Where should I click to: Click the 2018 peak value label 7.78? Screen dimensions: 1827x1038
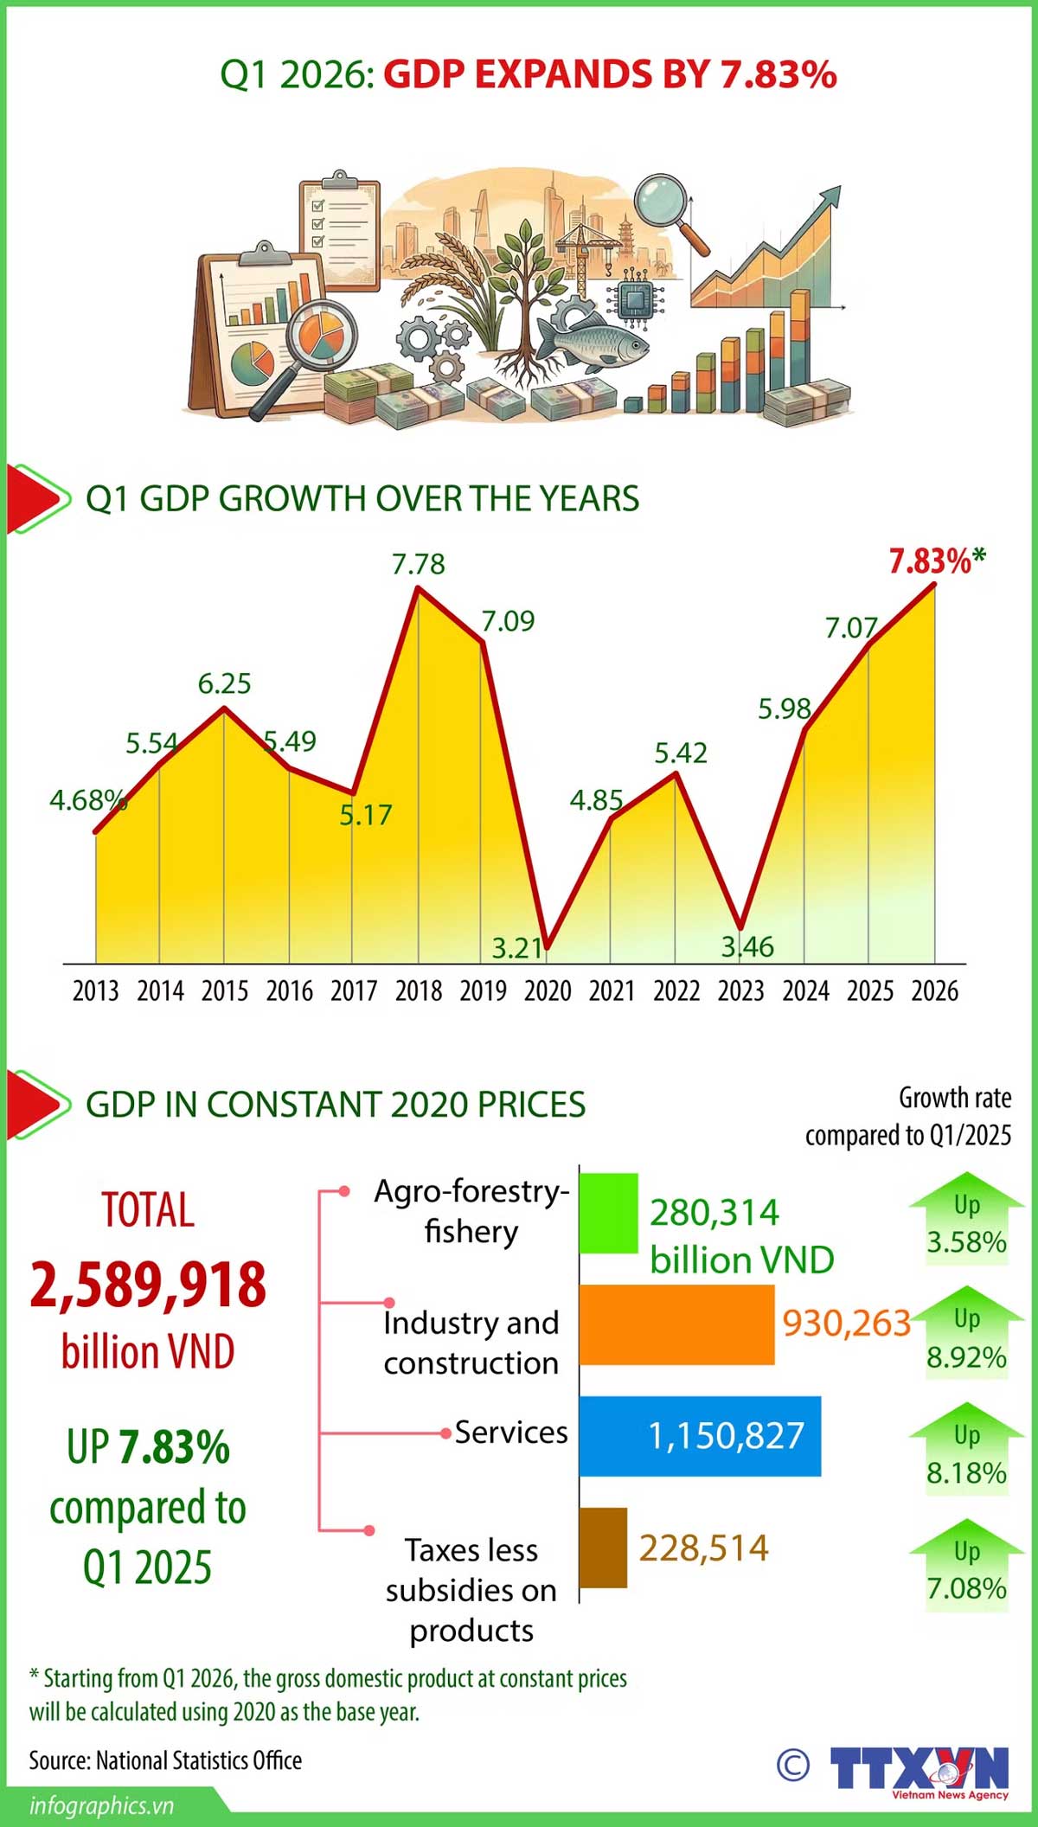pos(419,564)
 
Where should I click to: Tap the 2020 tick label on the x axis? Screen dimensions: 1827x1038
pos(548,990)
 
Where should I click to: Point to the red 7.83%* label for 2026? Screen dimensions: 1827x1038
pos(937,561)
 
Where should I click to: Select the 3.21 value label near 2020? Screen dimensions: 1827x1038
pos(517,948)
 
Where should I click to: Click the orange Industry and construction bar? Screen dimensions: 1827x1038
pos(676,1324)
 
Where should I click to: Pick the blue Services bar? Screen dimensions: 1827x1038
pos(700,1436)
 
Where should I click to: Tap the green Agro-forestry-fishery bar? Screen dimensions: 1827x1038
pos(608,1213)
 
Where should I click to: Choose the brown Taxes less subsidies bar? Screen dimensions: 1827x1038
pos(603,1548)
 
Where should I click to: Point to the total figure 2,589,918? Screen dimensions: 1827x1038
pos(148,1285)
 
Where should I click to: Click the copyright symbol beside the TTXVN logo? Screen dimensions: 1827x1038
pos(793,1766)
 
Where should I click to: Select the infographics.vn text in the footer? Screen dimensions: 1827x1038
pos(101,1806)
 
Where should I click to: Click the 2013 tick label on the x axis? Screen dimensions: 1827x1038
pos(95,990)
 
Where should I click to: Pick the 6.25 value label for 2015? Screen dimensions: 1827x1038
pos(224,684)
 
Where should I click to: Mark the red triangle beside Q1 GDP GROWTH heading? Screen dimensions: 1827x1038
pos(35,499)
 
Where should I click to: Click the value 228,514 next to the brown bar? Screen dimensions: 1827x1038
pos(704,1548)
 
